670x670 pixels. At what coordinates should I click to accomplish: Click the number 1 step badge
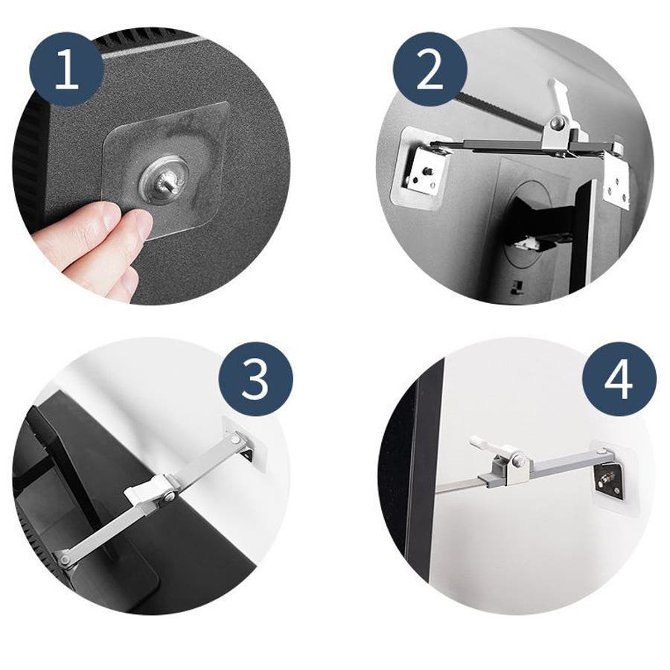pos(66,69)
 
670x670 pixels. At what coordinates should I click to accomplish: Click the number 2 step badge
pos(430,69)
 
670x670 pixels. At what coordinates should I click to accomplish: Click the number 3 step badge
pos(256,379)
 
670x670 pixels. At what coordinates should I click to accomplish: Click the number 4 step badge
pos(619,379)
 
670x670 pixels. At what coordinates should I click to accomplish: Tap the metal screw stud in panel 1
pos(168,182)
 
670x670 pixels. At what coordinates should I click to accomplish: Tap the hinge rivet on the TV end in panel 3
pos(65,559)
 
